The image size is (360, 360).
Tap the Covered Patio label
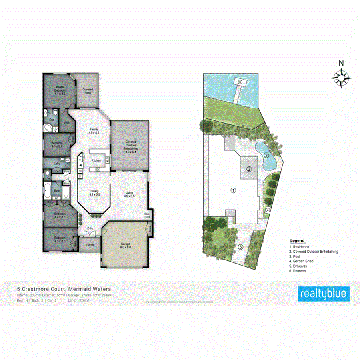pyautogui.click(x=88, y=91)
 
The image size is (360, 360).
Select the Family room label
pyautogui.click(x=94, y=130)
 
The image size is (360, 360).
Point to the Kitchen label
pyautogui.click(x=96, y=160)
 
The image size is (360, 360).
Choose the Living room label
pyautogui.click(x=129, y=194)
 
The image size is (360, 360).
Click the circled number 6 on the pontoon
pyautogui.click(x=240, y=82)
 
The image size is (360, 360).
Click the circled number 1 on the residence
pyautogui.click(x=233, y=190)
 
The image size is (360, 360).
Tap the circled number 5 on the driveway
pyautogui.click(x=240, y=247)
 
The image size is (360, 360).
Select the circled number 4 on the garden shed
pyautogui.click(x=268, y=210)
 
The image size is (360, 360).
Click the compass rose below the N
pyautogui.click(x=341, y=77)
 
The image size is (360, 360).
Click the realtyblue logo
pyautogui.click(x=324, y=294)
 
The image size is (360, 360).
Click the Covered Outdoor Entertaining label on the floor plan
pyautogui.click(x=130, y=147)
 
